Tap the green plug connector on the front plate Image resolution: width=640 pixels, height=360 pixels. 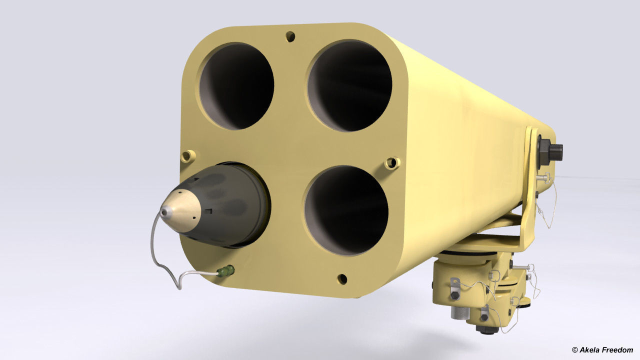pos(226,271)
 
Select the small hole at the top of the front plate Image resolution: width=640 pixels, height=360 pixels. pos(290,36)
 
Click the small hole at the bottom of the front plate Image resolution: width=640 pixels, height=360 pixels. pos(342,278)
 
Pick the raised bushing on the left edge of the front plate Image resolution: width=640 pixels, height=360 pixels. pos(186,156)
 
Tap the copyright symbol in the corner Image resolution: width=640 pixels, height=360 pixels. pos(575,350)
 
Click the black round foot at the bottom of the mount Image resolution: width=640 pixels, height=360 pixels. pos(486,329)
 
